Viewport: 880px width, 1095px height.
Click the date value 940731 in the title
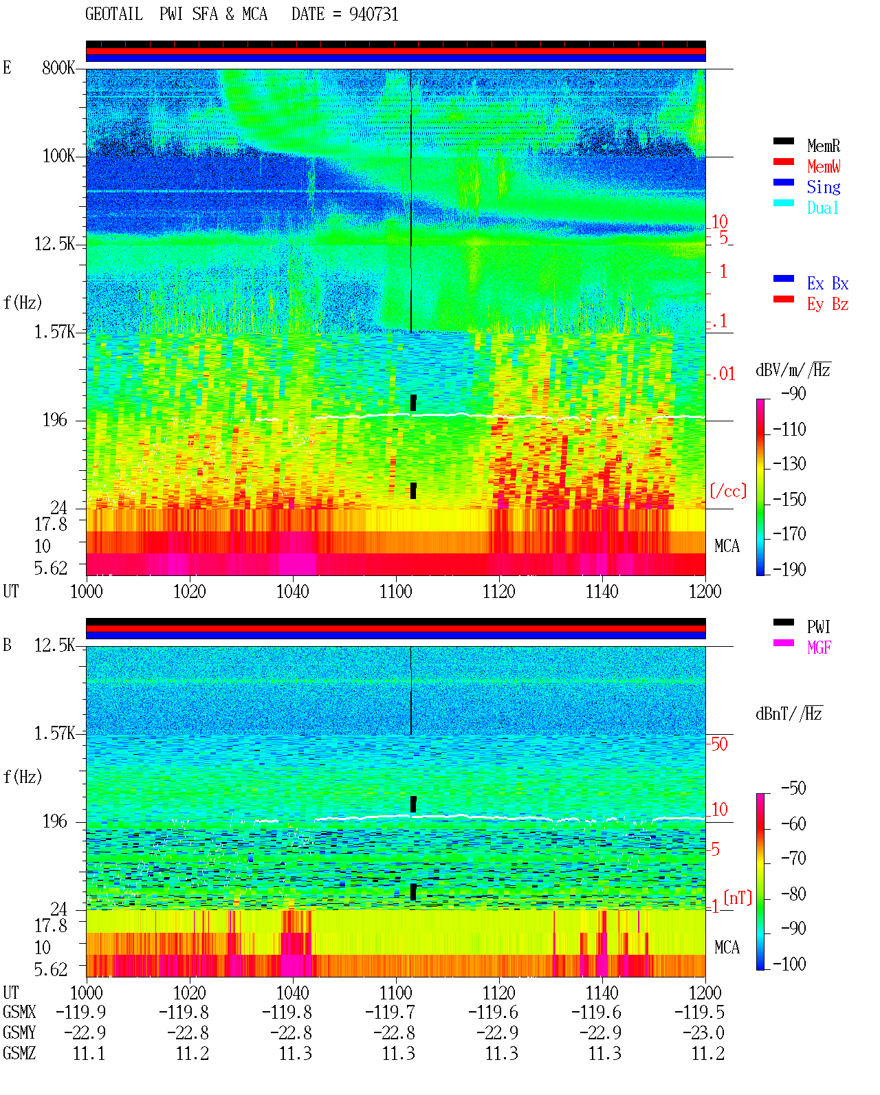(x=373, y=14)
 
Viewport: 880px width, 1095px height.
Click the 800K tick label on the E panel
(x=58, y=67)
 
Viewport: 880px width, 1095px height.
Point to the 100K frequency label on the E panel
(x=58, y=156)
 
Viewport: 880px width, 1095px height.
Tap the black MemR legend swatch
(x=783, y=141)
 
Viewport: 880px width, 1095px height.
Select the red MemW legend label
(x=824, y=166)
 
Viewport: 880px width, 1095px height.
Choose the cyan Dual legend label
(x=822, y=208)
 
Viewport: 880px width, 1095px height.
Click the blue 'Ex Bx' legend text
(x=828, y=283)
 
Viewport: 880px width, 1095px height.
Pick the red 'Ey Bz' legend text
(x=828, y=305)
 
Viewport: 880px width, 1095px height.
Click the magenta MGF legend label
(x=819, y=648)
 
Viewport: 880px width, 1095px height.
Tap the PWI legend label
(x=818, y=626)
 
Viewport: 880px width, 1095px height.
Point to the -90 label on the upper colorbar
(x=793, y=393)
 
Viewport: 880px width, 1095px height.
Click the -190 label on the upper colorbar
(x=789, y=569)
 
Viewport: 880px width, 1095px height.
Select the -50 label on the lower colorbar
(x=793, y=788)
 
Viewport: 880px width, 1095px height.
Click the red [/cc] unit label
(x=728, y=491)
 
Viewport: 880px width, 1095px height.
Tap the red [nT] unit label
(x=738, y=898)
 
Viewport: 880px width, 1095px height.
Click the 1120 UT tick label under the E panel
(x=499, y=592)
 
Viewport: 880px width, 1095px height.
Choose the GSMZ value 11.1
(x=89, y=1054)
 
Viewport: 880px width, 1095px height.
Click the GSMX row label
(x=19, y=1012)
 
